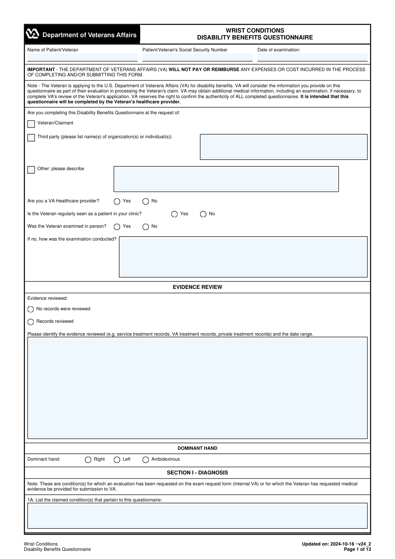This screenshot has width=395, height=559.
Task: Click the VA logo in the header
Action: (33, 34)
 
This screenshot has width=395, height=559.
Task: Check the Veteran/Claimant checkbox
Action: (31, 124)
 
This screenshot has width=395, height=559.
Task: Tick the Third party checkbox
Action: (31, 138)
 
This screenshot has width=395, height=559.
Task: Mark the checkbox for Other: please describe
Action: (31, 170)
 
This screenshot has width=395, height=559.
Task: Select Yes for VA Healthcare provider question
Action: (117, 201)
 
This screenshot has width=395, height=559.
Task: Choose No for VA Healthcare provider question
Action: (145, 201)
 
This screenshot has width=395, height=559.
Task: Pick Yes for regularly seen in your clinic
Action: (174, 214)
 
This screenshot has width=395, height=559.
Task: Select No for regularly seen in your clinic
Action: (203, 214)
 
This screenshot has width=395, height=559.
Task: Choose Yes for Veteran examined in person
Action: (117, 227)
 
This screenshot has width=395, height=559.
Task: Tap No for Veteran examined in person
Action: (145, 227)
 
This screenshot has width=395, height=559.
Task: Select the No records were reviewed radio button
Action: (31, 309)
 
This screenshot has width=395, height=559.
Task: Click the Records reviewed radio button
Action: (31, 322)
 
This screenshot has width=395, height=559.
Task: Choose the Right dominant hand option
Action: (88, 460)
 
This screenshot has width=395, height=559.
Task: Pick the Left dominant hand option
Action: (117, 460)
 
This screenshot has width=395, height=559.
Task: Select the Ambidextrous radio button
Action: (145, 460)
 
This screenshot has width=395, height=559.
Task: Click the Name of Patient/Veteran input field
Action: (82, 57)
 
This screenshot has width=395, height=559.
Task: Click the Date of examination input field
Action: (312, 57)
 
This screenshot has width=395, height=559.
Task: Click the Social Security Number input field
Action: (197, 57)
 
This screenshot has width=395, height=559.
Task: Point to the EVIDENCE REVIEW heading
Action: (197, 287)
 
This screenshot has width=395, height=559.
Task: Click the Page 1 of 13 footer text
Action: (357, 549)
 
